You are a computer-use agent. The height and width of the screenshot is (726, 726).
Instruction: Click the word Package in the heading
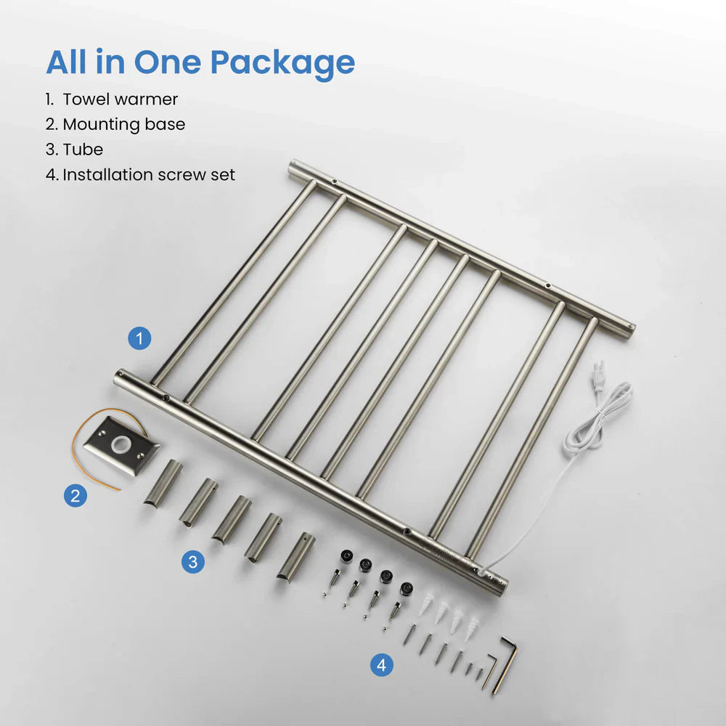pos(285,63)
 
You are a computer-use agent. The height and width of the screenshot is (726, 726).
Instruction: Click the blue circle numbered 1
pos(139,338)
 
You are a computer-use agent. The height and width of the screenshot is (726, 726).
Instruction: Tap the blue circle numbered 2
pos(75,497)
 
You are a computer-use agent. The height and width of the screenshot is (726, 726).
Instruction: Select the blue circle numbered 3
pos(192,561)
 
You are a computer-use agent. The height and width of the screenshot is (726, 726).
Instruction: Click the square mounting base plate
pos(121,444)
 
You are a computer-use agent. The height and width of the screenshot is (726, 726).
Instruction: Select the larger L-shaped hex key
pos(506,664)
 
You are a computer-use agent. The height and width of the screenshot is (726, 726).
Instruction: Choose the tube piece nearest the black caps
pos(295,556)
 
